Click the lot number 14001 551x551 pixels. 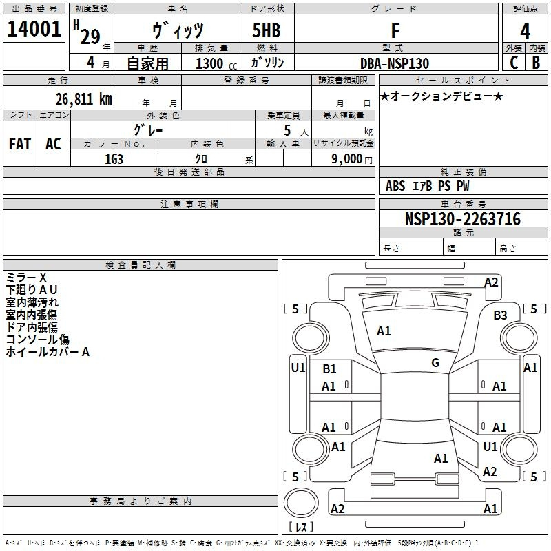tap(34, 29)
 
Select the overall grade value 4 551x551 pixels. tap(525, 32)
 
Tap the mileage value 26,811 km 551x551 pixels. tap(83, 98)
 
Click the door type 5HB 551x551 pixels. tap(267, 30)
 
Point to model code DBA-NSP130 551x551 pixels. tap(395, 63)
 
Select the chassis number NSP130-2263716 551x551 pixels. tap(463, 219)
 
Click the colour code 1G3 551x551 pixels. tap(114, 159)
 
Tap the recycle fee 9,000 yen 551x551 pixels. tap(352, 159)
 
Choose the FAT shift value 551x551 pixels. tap(20, 144)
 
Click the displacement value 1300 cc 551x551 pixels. tap(216, 63)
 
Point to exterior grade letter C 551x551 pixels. tap(514, 63)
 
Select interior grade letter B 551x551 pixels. tap(536, 63)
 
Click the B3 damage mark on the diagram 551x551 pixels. tap(500, 315)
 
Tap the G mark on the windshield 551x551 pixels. tap(435, 363)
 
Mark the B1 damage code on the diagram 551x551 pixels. tap(329, 369)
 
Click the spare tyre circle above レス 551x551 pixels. tap(301, 503)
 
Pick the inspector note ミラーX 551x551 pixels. tap(26, 278)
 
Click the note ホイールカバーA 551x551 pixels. tap(48, 352)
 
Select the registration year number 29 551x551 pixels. tap(90, 37)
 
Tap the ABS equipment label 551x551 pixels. tap(395, 186)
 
